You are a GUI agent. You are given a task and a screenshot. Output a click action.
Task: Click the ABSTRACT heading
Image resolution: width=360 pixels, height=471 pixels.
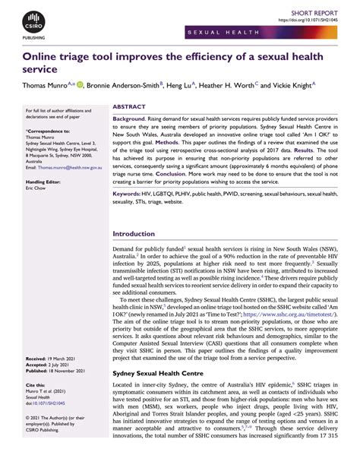[x=131, y=107]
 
